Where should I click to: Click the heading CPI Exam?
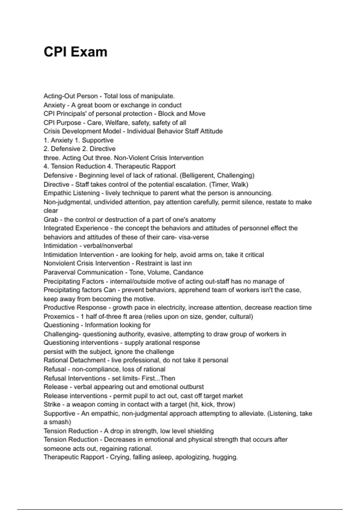(75, 52)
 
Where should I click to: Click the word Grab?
(51, 220)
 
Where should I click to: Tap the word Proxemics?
(59, 316)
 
